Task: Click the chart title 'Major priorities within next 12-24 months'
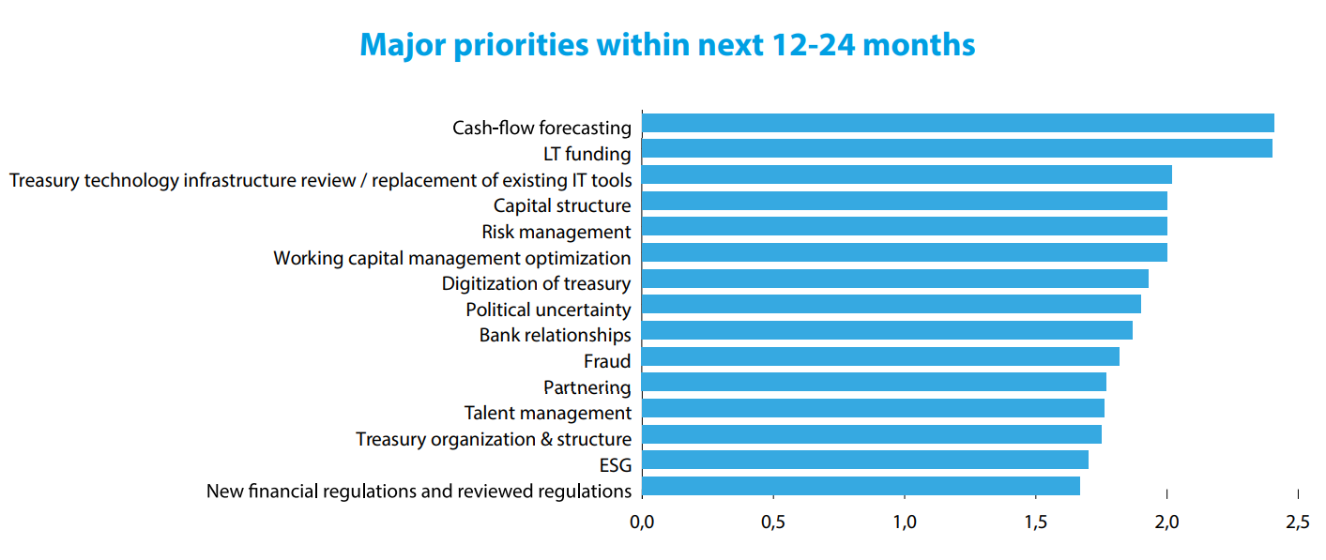coord(667,45)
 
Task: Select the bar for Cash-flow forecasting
coord(957,123)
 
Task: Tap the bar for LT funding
coord(956,149)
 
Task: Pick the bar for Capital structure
coord(904,201)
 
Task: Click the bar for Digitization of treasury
coord(894,279)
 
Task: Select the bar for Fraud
coord(880,356)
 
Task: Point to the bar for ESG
coord(864,460)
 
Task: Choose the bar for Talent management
coord(873,408)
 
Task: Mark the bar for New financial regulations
coord(861,486)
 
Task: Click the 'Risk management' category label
coord(556,232)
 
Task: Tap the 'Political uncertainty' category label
coord(548,310)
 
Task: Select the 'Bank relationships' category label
coord(555,335)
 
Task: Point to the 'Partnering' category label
coord(587,387)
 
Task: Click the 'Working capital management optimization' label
coord(451,258)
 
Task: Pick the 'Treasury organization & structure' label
coord(493,439)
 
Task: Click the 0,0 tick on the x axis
coord(642,521)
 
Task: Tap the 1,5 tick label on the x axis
coord(1035,521)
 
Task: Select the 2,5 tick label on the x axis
coord(1298,521)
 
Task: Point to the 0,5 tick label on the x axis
coord(773,521)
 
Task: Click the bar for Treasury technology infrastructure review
coord(907,174)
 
